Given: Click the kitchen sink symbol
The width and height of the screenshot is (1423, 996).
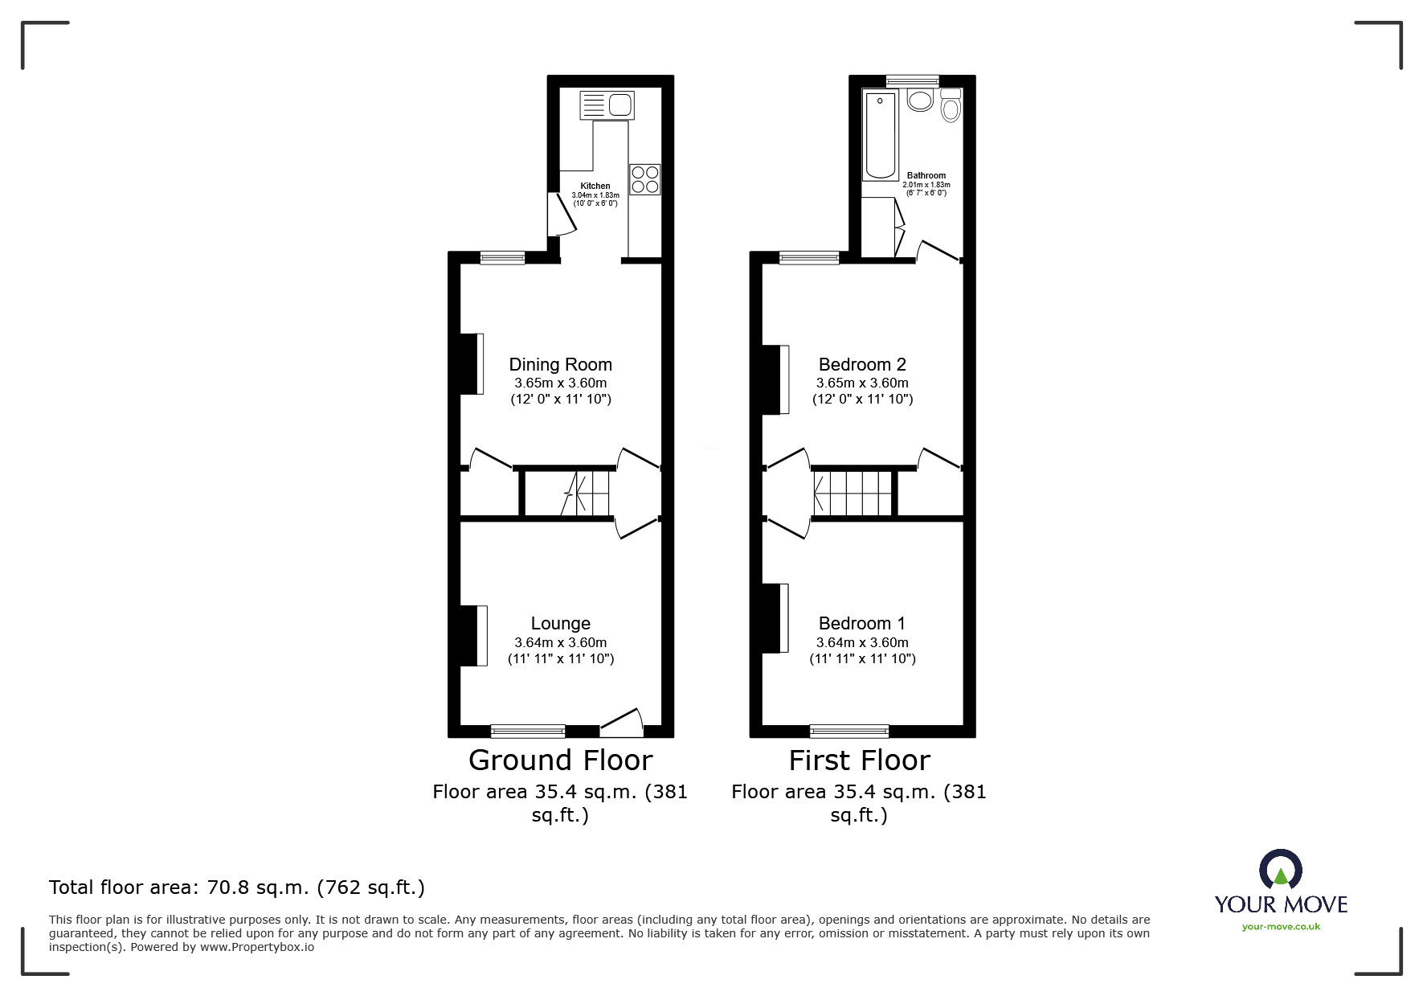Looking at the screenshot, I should (x=607, y=105).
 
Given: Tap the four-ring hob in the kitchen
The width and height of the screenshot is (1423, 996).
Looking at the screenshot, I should (x=645, y=179).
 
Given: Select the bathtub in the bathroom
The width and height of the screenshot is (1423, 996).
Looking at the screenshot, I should (x=881, y=135).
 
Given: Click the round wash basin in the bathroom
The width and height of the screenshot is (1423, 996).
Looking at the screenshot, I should (x=919, y=100).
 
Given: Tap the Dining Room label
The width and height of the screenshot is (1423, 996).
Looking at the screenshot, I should (x=560, y=365).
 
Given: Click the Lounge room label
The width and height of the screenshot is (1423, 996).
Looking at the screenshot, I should (x=560, y=624).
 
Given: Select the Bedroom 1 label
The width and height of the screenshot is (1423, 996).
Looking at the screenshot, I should (x=861, y=624).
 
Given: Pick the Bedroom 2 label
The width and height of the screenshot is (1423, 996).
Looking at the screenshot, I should (x=861, y=365).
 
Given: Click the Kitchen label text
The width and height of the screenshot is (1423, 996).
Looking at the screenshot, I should (x=595, y=186).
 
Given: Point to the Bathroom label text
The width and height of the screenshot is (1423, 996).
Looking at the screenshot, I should (x=926, y=175).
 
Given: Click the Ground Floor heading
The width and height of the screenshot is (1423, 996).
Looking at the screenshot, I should (x=560, y=760).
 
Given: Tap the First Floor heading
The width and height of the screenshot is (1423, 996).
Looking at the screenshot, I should (x=859, y=760).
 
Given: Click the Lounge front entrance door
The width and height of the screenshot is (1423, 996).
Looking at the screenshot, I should (x=622, y=723).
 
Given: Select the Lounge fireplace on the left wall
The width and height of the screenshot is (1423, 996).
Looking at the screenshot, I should (x=474, y=636).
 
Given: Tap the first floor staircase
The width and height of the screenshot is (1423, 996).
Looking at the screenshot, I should (x=853, y=493).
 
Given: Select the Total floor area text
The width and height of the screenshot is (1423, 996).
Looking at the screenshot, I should (x=237, y=887).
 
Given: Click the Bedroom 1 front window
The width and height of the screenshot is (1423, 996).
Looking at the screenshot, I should (x=849, y=731).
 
